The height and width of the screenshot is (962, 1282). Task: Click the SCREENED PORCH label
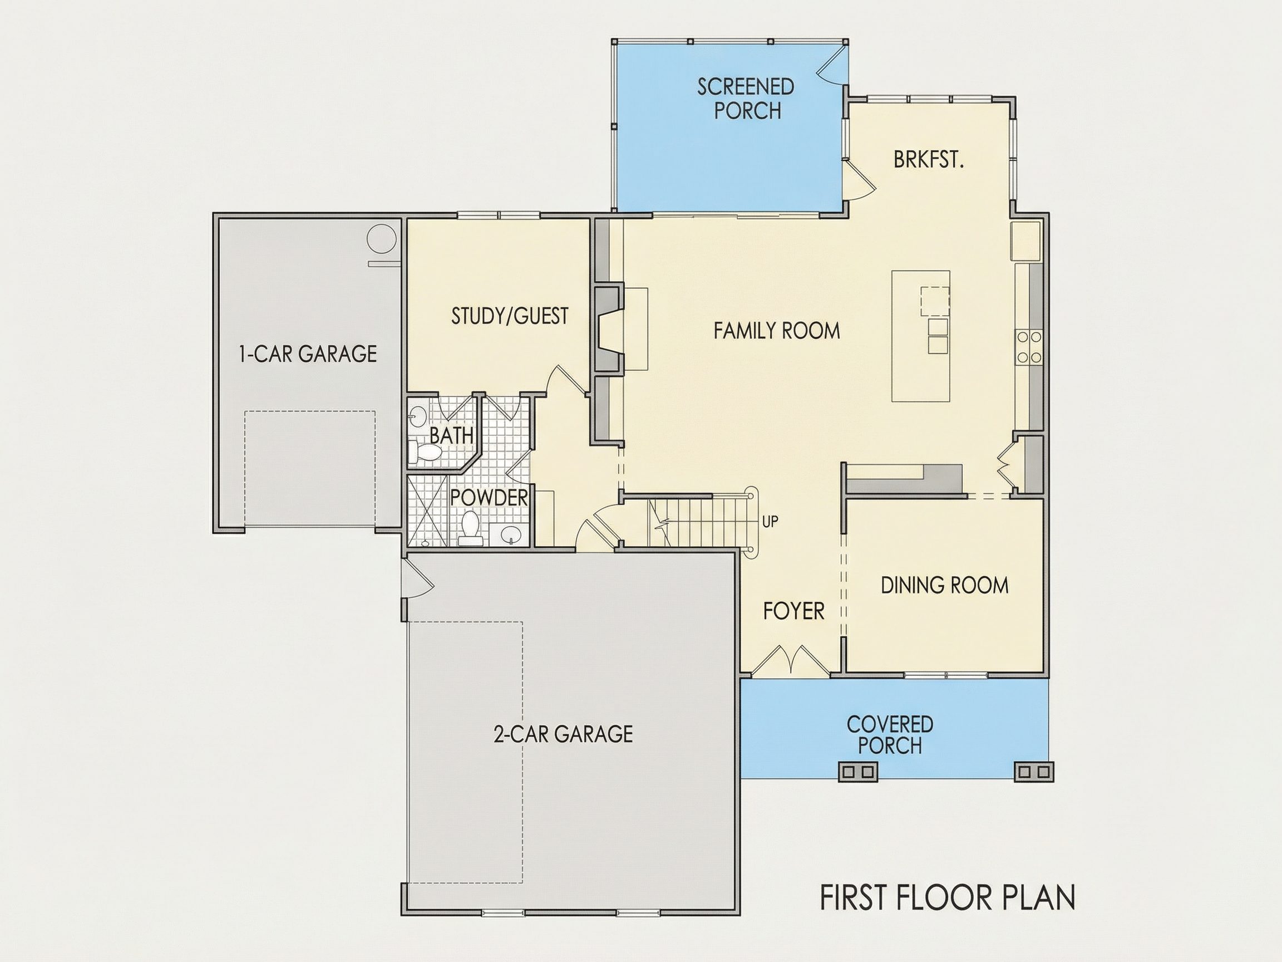746,99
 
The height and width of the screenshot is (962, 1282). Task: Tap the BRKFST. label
929,159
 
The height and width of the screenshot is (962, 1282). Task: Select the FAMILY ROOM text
777,331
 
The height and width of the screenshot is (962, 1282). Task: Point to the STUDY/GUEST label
510,316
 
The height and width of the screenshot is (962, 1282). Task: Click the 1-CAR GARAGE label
308,353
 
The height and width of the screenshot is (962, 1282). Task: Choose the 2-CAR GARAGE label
563,734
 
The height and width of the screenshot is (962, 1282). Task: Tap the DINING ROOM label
945,585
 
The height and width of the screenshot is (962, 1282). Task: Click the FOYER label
793,611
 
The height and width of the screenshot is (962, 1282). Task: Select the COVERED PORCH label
890,735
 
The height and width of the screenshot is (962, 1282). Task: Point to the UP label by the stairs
770,522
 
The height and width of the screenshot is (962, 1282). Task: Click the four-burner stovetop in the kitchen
1029,347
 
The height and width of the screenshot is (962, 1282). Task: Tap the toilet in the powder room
470,528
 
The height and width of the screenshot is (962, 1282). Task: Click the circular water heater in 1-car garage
382,239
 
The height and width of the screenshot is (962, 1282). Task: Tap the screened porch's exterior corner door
832,65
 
